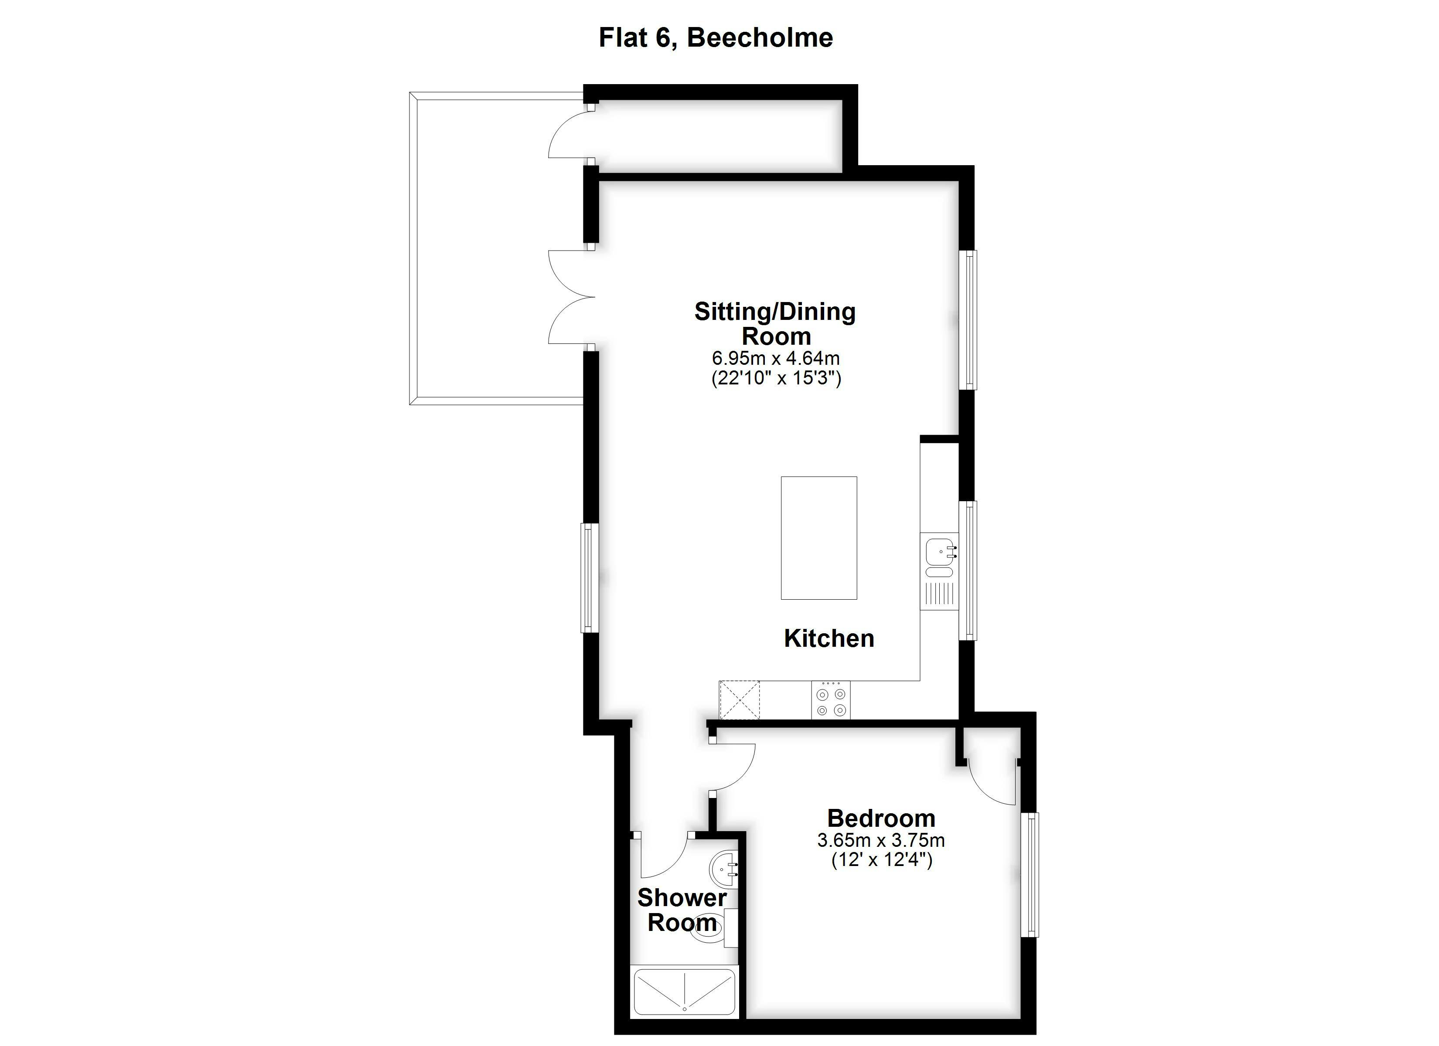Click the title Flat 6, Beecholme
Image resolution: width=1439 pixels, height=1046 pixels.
[716, 38]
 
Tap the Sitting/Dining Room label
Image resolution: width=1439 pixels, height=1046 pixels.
[775, 323]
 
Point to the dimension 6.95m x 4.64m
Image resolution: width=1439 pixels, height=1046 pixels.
[775, 358]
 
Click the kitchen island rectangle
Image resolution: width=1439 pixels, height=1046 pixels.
[818, 538]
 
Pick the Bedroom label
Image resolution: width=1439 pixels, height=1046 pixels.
[881, 818]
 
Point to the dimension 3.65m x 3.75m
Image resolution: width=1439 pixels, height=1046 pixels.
[881, 840]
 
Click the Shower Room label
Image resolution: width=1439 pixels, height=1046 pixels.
[682, 910]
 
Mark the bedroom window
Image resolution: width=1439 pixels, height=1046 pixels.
[1030, 875]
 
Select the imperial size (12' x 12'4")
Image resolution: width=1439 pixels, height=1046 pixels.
[882, 861]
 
